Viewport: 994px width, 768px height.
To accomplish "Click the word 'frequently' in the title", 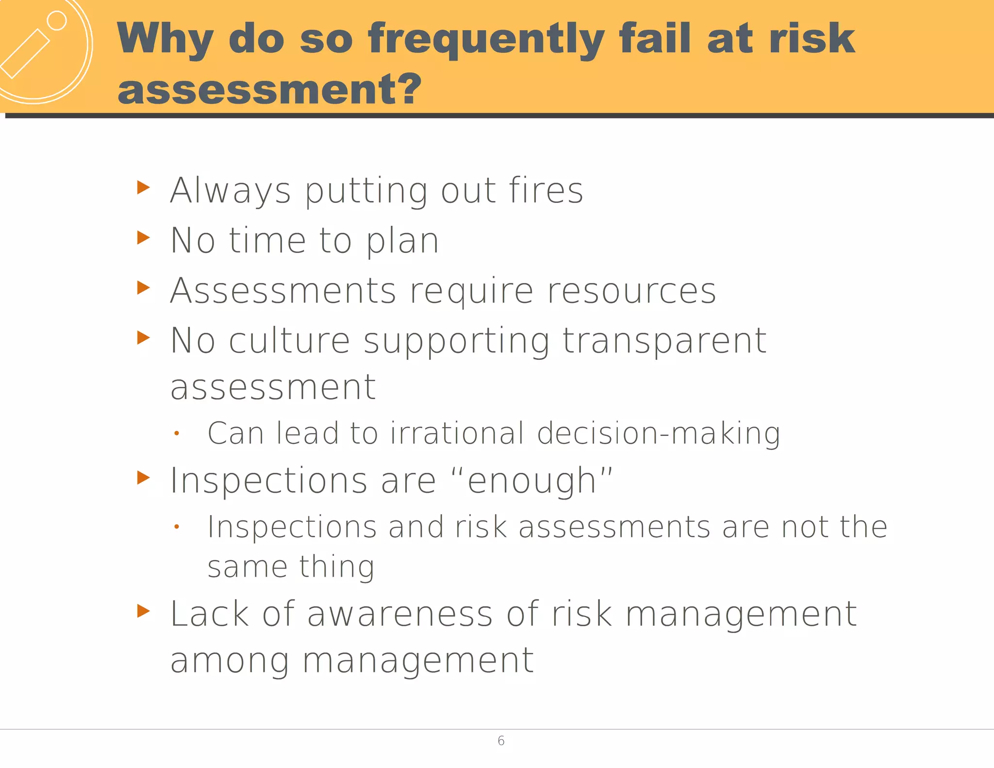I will [x=485, y=39].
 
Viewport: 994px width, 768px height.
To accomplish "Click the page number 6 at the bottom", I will [x=501, y=740].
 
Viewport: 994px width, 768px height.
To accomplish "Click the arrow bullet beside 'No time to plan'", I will [x=144, y=238].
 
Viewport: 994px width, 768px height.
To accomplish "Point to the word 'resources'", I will [x=631, y=291].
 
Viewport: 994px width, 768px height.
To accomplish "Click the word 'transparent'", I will [x=664, y=341].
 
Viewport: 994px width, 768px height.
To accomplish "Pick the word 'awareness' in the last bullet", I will [x=400, y=614].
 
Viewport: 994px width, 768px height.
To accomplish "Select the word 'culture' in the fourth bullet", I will [x=289, y=341].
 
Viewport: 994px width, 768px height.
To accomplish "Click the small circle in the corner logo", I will [x=57, y=20].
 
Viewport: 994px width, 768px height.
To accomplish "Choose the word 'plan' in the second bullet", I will [x=402, y=241].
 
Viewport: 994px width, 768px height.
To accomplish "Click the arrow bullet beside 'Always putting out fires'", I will [x=144, y=187].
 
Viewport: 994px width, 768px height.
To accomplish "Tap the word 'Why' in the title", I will [x=165, y=39].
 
